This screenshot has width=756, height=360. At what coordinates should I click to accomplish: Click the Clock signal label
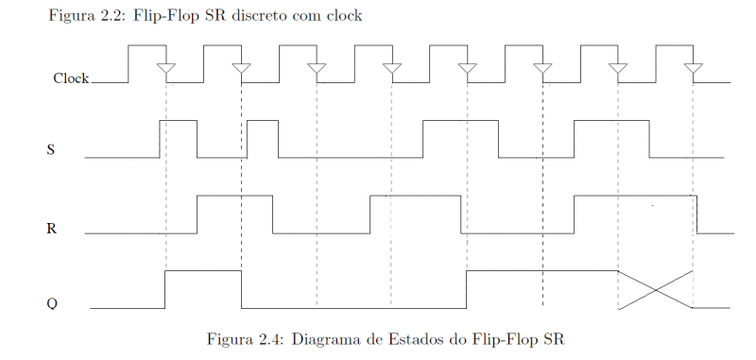click(x=71, y=78)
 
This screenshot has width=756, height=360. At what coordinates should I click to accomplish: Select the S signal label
click(x=50, y=149)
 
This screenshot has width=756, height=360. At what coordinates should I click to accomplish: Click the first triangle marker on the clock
click(x=165, y=69)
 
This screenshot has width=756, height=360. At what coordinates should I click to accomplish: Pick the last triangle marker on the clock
click(x=693, y=69)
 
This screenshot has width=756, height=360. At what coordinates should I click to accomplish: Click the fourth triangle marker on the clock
click(x=391, y=69)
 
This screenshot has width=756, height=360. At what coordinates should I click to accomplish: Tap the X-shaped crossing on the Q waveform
click(x=656, y=289)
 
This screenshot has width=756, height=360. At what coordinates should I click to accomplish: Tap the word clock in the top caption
click(x=344, y=16)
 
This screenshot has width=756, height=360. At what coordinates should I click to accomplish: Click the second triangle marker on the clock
click(x=241, y=69)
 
